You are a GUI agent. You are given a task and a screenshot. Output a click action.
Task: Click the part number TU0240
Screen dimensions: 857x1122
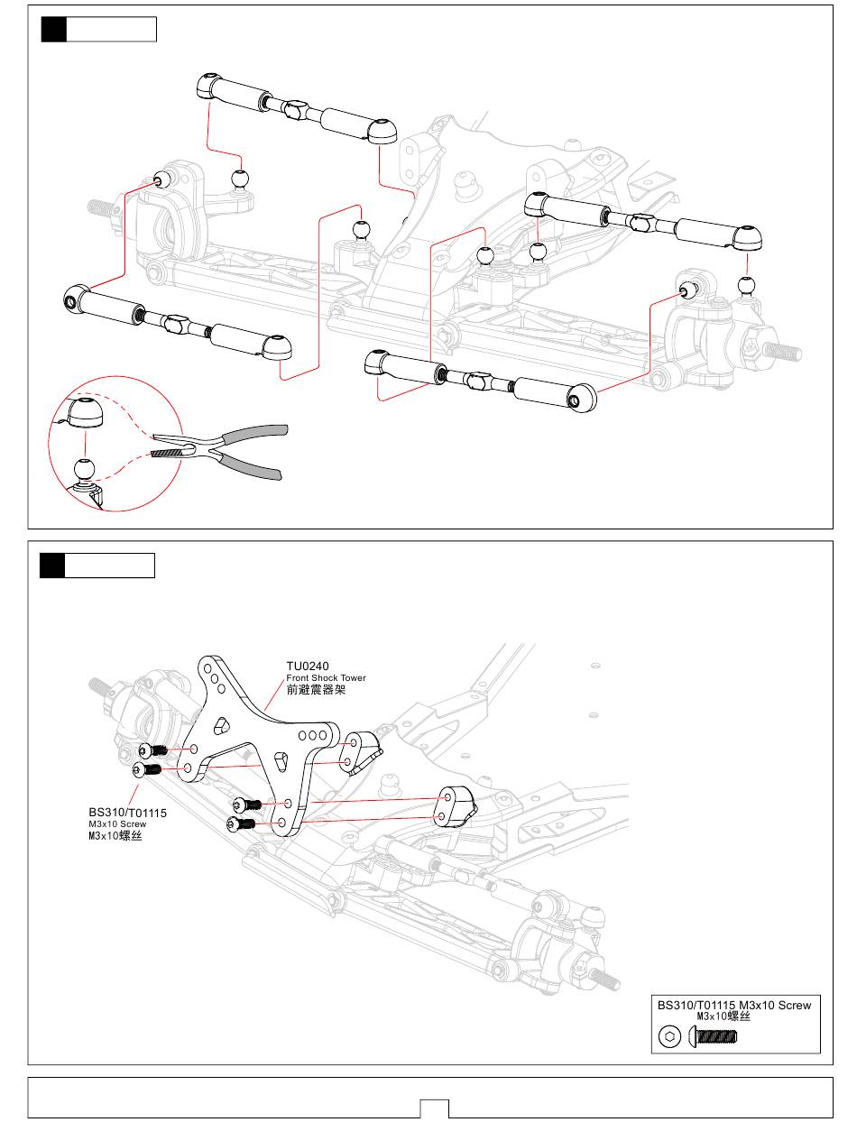click(x=307, y=666)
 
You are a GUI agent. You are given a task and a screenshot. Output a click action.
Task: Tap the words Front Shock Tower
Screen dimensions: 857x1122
click(x=326, y=678)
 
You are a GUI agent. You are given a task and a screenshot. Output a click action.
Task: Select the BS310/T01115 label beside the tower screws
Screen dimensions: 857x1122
click(x=127, y=813)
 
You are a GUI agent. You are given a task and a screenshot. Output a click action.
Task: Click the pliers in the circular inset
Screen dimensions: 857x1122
click(x=219, y=451)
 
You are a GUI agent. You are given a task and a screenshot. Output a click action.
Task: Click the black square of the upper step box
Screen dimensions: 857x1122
click(x=53, y=29)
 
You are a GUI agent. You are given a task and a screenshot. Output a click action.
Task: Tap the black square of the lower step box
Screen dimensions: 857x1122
click(x=52, y=565)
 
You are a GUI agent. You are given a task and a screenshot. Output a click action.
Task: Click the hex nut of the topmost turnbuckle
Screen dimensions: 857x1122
click(x=297, y=110)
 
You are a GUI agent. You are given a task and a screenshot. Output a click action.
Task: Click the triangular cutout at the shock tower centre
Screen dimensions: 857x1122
click(x=221, y=724)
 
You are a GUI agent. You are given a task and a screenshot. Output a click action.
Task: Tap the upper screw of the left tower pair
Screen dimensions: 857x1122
click(x=152, y=750)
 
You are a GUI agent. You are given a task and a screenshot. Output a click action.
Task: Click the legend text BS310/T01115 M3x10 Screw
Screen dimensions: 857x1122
click(x=733, y=1005)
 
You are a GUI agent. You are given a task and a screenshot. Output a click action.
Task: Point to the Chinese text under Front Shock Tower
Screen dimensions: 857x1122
click(x=316, y=690)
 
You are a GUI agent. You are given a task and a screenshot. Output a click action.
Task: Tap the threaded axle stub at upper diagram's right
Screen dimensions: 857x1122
click(x=782, y=351)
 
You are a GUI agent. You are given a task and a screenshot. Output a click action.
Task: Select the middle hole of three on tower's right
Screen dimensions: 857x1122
click(x=312, y=736)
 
